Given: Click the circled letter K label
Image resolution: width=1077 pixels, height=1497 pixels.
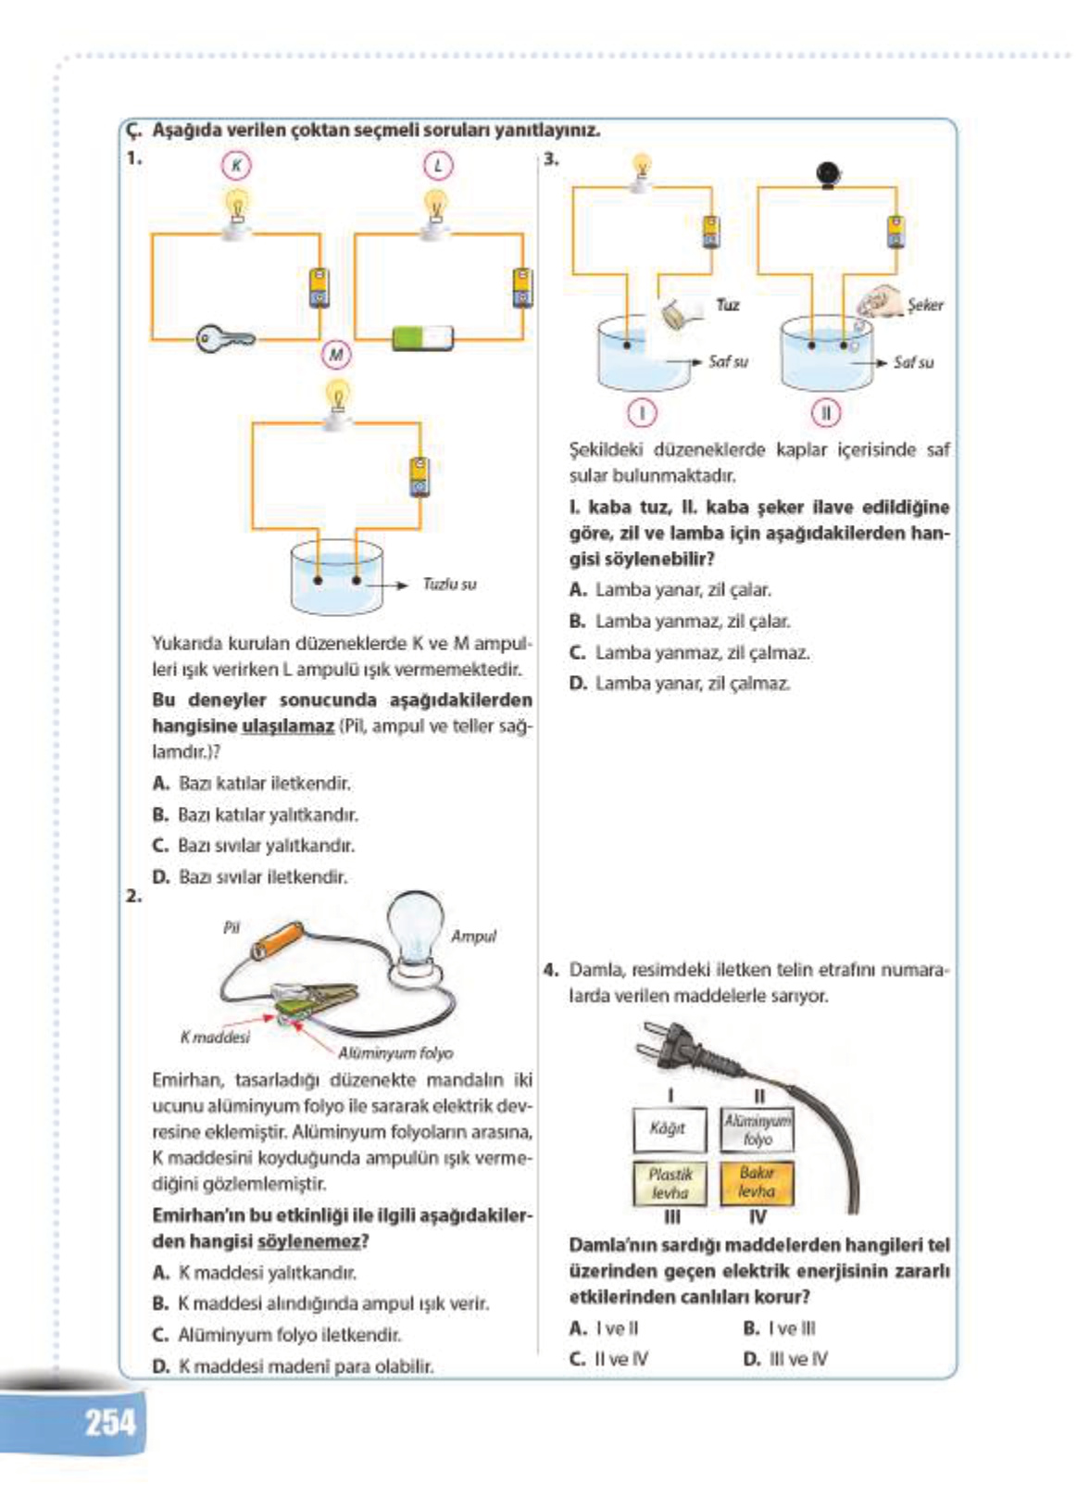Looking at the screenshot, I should pyautogui.click(x=236, y=166).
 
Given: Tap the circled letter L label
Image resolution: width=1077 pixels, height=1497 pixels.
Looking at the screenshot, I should pyautogui.click(x=438, y=166).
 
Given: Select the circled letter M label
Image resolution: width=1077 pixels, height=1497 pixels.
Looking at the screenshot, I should pyautogui.click(x=336, y=354).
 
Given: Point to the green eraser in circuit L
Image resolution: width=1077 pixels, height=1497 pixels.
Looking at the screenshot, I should pyautogui.click(x=423, y=337).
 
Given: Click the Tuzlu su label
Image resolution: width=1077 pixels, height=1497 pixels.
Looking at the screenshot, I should pyautogui.click(x=449, y=585).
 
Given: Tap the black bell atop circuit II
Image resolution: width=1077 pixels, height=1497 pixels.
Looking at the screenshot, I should pyautogui.click(x=827, y=173).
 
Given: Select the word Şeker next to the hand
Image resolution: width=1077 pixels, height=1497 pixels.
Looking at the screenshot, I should pyautogui.click(x=925, y=305).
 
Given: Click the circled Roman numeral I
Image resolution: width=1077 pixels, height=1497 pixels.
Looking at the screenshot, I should pyautogui.click(x=642, y=411).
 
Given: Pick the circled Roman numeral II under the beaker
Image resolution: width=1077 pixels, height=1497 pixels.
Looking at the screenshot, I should pyautogui.click(x=826, y=411).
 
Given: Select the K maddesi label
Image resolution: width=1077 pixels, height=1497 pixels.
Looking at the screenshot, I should pyautogui.click(x=215, y=1038).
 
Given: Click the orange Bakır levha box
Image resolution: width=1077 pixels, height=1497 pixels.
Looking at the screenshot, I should pyautogui.click(x=757, y=1182).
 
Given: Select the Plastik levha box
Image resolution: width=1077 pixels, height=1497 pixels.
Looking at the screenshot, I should pyautogui.click(x=670, y=1183).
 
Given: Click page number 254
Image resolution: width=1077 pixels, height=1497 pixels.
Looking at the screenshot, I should pyautogui.click(x=110, y=1422).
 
